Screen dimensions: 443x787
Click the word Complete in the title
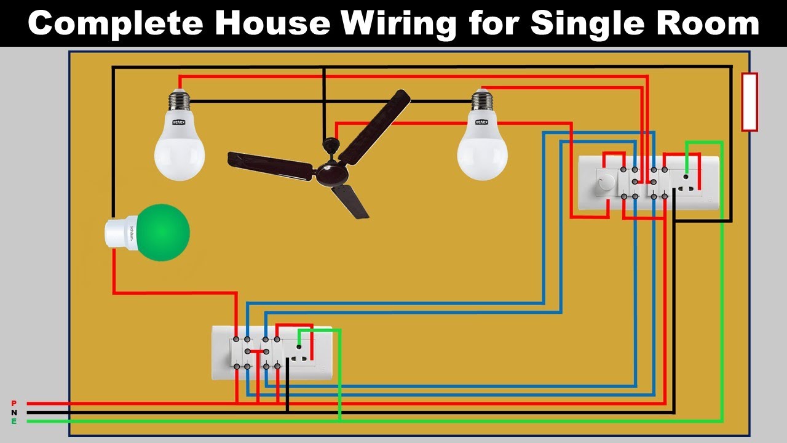tap(116, 23)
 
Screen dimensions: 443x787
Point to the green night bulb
tap(162, 233)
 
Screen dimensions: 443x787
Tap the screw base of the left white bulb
tap(178, 101)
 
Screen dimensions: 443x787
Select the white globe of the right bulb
tap(482, 154)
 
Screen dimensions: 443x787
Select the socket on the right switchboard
tap(686, 182)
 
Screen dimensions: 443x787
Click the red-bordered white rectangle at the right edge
tap(749, 102)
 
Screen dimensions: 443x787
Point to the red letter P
tap(14, 403)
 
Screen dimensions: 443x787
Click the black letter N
tap(14, 412)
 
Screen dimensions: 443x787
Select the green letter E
tap(14, 421)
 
